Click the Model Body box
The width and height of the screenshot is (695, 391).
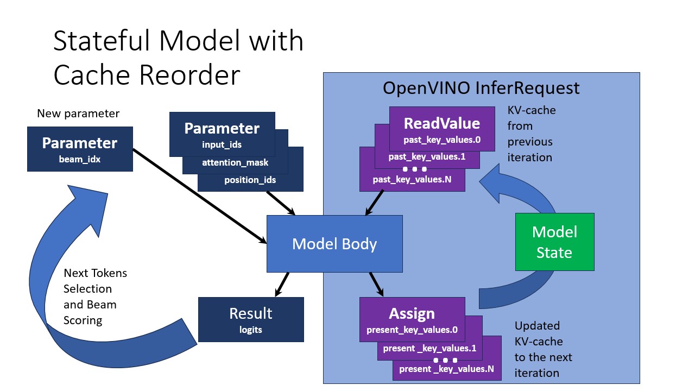click(334, 244)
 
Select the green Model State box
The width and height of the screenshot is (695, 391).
click(554, 242)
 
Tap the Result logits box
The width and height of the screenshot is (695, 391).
click(250, 319)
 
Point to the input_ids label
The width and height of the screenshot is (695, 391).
click(222, 145)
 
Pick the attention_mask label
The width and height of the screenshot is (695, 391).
click(235, 162)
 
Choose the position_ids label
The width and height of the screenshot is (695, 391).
click(250, 180)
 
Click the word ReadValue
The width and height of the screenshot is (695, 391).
click(441, 123)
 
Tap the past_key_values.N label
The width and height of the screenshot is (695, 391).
click(413, 179)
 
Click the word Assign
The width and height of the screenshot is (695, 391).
click(412, 314)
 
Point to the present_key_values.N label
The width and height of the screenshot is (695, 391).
click(446, 369)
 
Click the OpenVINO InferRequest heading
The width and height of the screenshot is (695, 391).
click(481, 88)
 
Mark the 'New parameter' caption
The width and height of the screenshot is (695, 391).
click(78, 113)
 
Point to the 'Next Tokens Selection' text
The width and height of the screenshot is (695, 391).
click(95, 281)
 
